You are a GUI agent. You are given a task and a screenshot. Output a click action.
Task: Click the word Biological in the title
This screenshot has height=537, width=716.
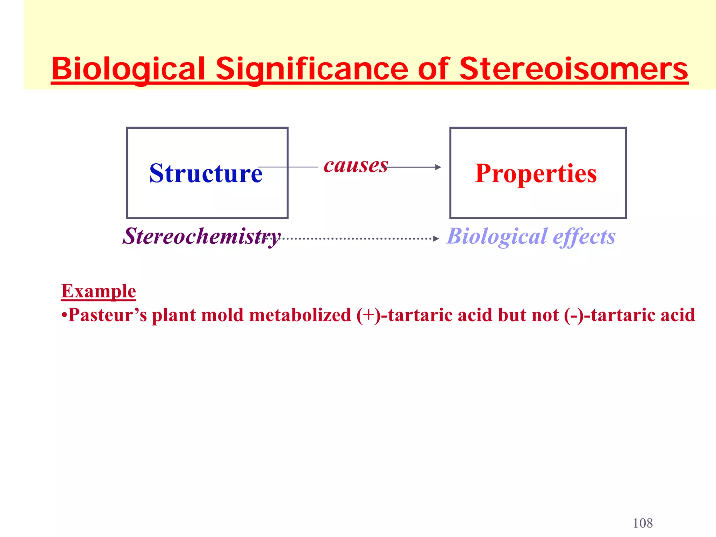pyautogui.click(x=128, y=69)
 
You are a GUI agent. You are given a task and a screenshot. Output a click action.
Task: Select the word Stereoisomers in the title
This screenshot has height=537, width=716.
pyautogui.click(x=573, y=69)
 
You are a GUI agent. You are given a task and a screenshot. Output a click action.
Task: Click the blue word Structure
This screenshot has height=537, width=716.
pyautogui.click(x=206, y=173)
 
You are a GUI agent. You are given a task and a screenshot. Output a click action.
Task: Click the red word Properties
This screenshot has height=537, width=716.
pyautogui.click(x=536, y=173)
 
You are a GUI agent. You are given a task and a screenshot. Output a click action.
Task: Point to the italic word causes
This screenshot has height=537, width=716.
pyautogui.click(x=356, y=165)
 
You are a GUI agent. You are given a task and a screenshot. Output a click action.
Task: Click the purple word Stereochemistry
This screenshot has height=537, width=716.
pyautogui.click(x=201, y=236)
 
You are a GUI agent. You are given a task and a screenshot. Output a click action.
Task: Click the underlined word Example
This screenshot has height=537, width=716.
pyautogui.click(x=99, y=291)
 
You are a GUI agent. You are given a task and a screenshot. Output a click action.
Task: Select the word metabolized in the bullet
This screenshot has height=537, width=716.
pyautogui.click(x=300, y=315)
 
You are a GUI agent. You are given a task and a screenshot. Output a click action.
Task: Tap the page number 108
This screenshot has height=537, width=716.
pyautogui.click(x=643, y=523)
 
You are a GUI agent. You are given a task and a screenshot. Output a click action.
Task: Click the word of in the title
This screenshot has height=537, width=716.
pyautogui.click(x=434, y=69)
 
